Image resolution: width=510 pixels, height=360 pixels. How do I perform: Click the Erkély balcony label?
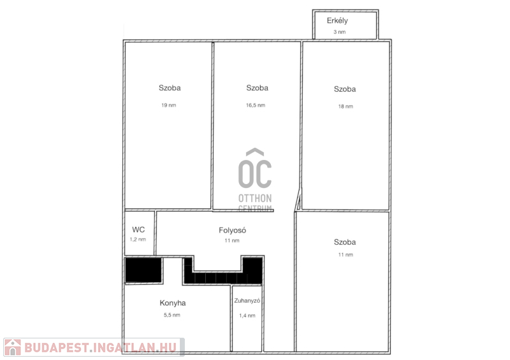(337, 21)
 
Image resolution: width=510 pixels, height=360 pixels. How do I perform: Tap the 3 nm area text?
(340, 32)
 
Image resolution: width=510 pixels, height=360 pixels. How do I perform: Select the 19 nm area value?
(169, 105)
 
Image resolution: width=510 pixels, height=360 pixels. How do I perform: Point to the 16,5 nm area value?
(256, 105)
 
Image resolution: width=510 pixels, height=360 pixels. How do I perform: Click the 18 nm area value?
(346, 106)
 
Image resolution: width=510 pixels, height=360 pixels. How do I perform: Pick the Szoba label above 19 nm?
(170, 88)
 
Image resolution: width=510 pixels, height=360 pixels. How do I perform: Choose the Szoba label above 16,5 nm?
(258, 88)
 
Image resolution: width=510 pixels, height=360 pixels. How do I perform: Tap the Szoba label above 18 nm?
(345, 89)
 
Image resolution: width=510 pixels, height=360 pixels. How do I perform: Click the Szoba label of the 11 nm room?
(345, 242)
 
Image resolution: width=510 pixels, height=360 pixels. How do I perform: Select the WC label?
(138, 229)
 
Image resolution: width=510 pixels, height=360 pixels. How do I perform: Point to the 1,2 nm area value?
(138, 240)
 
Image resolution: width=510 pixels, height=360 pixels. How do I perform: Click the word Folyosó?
(232, 230)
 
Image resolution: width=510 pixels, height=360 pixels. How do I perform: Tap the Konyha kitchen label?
(173, 303)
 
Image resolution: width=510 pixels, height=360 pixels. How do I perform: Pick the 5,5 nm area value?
(172, 315)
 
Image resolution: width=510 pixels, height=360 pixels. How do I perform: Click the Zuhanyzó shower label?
(247, 301)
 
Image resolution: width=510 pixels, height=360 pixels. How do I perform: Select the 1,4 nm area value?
(247, 315)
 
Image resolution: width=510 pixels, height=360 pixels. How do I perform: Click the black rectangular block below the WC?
(143, 270)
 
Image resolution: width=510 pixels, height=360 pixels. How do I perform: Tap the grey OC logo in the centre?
(255, 168)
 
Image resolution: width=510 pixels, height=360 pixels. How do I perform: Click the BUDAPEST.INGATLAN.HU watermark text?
(101, 348)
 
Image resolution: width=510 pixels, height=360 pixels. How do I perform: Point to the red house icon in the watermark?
(13, 347)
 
